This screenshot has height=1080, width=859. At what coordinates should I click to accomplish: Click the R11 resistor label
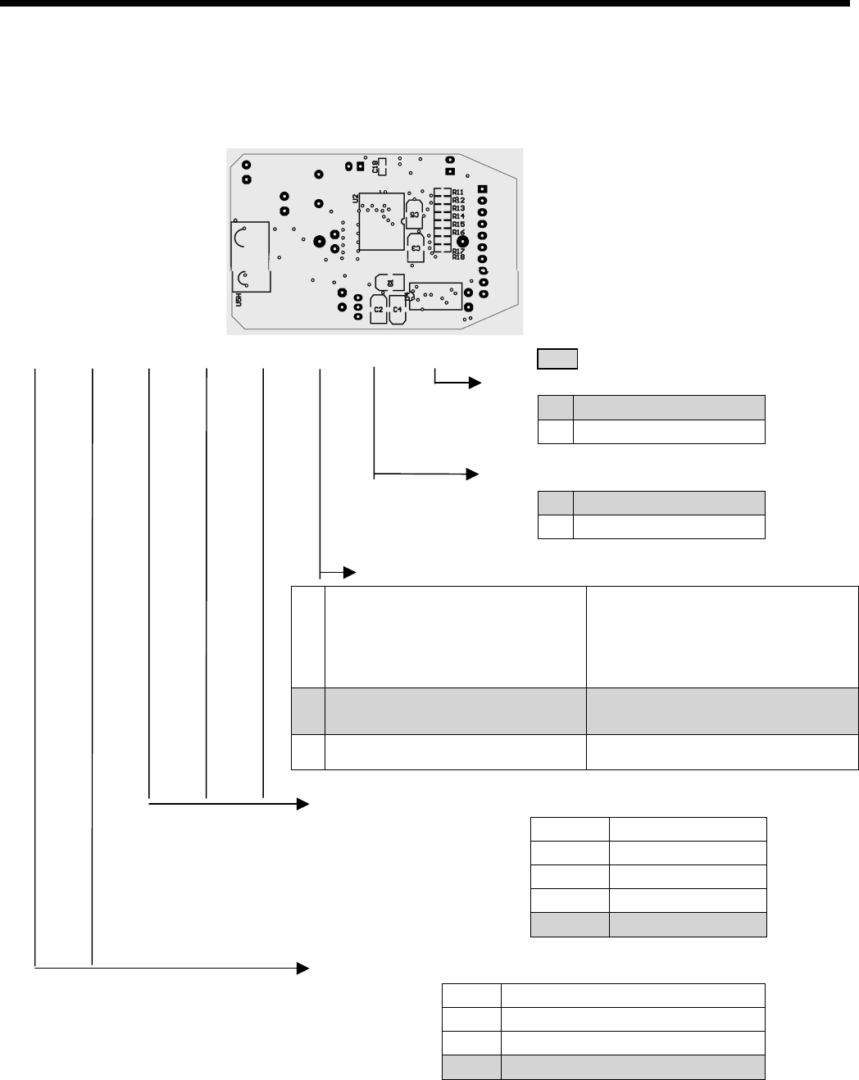click(458, 192)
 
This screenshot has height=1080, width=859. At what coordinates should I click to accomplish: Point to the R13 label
click(458, 208)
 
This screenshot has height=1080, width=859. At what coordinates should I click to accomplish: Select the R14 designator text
click(458, 216)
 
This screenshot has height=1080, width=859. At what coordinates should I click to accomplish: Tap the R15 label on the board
click(458, 225)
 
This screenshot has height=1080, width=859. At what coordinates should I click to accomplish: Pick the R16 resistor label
click(458, 233)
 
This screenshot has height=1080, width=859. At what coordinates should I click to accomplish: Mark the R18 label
click(458, 257)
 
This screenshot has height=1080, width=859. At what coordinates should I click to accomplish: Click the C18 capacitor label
click(376, 168)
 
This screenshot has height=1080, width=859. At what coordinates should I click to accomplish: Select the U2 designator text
click(355, 198)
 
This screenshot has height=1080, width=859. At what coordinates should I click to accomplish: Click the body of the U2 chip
click(380, 222)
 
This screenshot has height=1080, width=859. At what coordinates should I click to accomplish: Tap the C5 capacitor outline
click(415, 215)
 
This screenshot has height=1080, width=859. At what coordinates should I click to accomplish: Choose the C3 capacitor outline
click(416, 245)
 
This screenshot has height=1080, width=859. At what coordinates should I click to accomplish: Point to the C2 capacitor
click(378, 310)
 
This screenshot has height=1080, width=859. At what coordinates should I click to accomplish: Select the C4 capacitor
click(398, 310)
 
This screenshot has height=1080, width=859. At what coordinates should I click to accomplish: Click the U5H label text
click(239, 301)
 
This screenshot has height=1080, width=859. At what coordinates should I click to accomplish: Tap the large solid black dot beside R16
click(462, 242)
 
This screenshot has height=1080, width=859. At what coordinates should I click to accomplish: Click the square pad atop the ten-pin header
click(483, 189)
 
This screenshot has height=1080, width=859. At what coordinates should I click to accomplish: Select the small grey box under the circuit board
click(557, 358)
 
